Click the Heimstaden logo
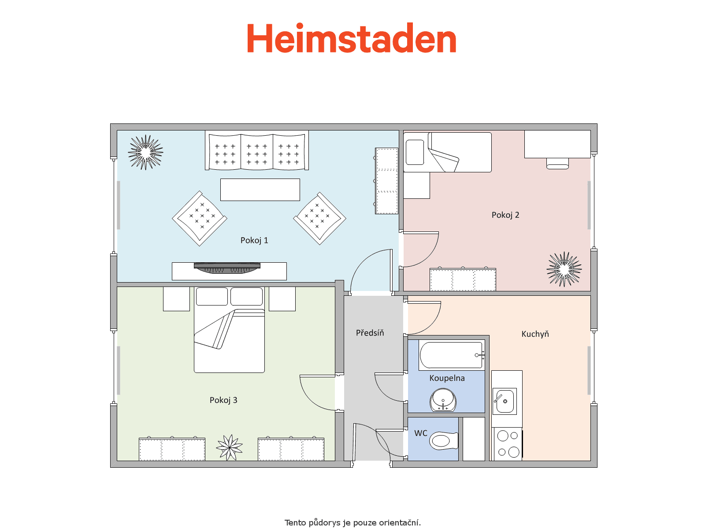(351, 38)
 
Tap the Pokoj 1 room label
(254, 241)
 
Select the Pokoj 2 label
(505, 215)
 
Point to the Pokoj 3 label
(223, 400)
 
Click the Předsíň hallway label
(370, 332)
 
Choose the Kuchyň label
(535, 334)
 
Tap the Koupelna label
(447, 378)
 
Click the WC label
(421, 433)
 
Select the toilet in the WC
(444, 441)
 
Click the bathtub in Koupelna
(452, 355)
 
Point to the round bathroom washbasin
(443, 400)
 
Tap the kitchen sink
(505, 401)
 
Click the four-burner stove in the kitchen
(508, 444)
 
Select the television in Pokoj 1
(227, 268)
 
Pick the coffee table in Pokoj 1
(260, 190)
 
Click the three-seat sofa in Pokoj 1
(257, 150)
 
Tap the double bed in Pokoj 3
(229, 330)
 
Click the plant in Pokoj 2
(564, 269)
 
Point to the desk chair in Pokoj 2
(557, 164)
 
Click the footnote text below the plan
(352, 522)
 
